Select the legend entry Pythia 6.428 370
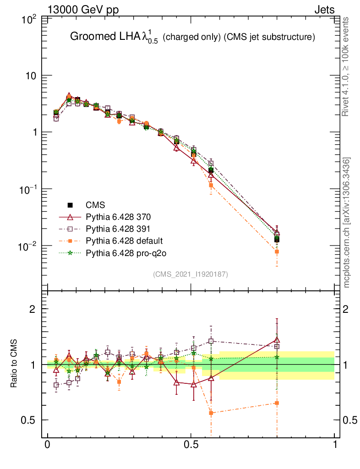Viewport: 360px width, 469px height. (118, 217)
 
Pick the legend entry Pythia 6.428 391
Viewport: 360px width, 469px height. (118, 229)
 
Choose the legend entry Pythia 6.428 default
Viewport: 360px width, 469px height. (125, 240)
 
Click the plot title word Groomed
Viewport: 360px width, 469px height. (88, 37)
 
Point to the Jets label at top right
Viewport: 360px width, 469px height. (324, 10)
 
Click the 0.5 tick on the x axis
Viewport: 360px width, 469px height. (191, 445)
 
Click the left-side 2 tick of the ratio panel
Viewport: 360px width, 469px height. (33, 309)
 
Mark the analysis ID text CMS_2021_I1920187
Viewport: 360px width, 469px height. (191, 274)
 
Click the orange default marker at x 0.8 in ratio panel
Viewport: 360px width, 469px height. (277, 403)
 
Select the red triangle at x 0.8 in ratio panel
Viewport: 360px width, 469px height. (277, 339)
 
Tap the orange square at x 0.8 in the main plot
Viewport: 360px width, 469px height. (277, 251)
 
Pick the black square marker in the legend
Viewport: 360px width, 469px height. (70, 205)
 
